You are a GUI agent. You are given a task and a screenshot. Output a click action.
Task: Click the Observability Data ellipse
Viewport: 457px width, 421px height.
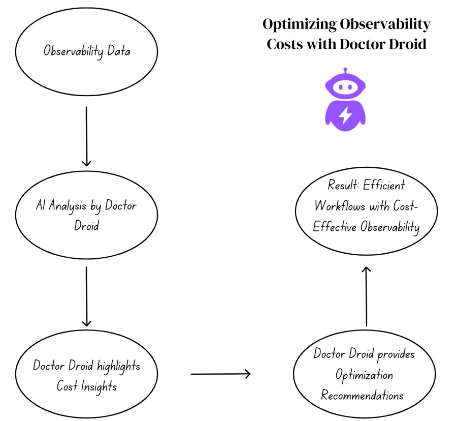[86, 52]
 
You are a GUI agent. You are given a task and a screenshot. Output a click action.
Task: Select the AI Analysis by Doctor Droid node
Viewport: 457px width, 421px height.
[86, 215]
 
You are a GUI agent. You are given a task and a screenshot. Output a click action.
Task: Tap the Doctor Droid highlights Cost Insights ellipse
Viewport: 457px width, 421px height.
[86, 374]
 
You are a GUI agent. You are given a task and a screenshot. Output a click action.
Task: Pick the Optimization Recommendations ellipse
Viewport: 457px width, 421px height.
[364, 374]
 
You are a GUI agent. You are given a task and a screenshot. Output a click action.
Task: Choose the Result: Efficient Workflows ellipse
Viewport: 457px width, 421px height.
[366, 211]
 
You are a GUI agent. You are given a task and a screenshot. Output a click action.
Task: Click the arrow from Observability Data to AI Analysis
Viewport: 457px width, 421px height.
[86, 136]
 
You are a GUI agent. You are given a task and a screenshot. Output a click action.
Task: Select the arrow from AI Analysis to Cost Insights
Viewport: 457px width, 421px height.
[86, 296]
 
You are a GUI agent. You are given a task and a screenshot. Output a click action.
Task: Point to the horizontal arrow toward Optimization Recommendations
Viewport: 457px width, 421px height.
[221, 374]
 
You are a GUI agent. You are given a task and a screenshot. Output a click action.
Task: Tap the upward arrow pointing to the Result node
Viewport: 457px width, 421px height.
[366, 296]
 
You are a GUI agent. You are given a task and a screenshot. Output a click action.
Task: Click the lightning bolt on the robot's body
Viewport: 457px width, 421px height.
[345, 115]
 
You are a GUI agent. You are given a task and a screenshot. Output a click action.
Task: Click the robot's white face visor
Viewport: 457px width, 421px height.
[345, 87]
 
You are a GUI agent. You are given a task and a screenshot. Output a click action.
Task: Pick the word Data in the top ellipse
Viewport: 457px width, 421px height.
[119, 51]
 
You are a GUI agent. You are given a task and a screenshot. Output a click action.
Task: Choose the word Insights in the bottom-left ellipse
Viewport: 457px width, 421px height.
[99, 387]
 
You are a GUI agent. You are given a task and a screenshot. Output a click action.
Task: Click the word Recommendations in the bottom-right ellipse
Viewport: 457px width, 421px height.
[362, 396]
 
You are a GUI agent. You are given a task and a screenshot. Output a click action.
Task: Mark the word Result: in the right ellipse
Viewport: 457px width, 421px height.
[343, 185]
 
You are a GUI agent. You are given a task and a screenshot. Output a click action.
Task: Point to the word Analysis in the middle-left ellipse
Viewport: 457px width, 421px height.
[68, 206]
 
